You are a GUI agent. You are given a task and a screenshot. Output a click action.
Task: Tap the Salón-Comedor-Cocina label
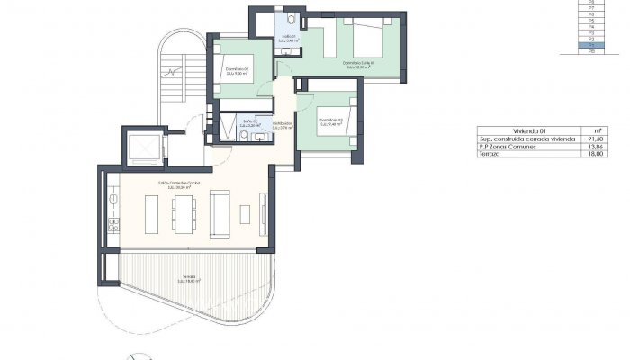[x=179, y=185]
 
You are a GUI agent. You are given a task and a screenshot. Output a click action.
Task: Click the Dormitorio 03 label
[x=330, y=122]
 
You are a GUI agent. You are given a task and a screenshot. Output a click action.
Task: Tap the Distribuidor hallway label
[x=283, y=125]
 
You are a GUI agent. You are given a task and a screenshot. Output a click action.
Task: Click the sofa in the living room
[x=220, y=213]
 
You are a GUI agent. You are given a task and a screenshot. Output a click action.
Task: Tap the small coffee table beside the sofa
[x=245, y=213]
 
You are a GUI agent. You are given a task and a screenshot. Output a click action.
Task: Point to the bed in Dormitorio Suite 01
[x=365, y=38]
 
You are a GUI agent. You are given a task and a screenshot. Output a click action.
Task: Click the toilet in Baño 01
[x=293, y=19]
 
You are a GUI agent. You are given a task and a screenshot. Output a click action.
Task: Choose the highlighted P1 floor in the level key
[x=590, y=46]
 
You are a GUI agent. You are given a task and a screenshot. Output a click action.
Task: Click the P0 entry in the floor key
[x=590, y=52]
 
